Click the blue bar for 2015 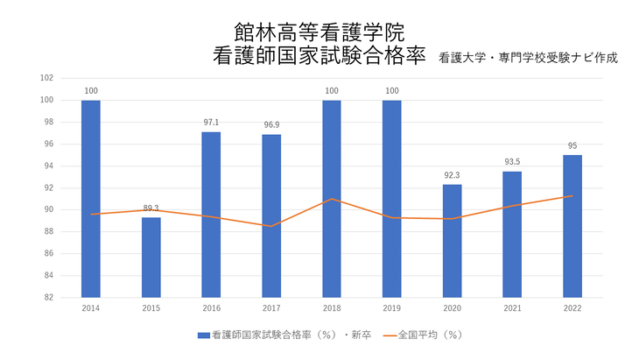click(151, 258)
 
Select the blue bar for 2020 click(452, 241)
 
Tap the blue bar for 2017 click(271, 215)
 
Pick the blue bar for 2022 click(572, 226)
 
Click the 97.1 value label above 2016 click(211, 124)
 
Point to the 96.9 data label click(271, 126)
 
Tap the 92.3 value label click(452, 176)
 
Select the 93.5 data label click(512, 163)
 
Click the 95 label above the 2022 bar click(572, 146)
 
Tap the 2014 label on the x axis click(90, 308)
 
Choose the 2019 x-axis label click(391, 308)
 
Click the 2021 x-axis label click(512, 308)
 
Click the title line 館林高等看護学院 click(319, 34)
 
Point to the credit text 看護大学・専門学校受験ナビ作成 click(529, 59)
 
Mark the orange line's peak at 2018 click(332, 199)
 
